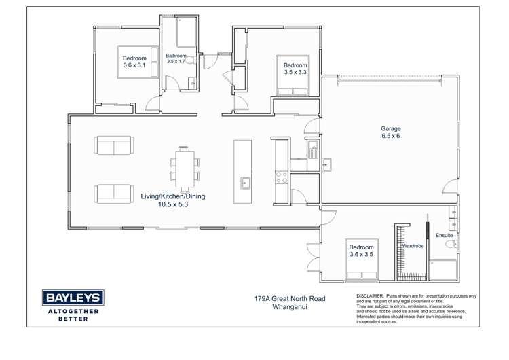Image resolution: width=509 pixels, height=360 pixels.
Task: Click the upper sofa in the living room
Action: (x=113, y=145)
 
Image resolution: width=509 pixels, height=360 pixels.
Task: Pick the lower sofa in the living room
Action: (x=113, y=193)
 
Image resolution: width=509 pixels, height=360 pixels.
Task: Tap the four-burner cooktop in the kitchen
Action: (x=281, y=178)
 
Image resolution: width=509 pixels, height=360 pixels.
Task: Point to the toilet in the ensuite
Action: (x=455, y=243)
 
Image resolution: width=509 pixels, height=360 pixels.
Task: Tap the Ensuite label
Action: (x=445, y=235)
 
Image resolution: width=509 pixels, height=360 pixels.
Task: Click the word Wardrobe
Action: (x=413, y=245)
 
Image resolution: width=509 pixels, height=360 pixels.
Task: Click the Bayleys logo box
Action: (x=73, y=297)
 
